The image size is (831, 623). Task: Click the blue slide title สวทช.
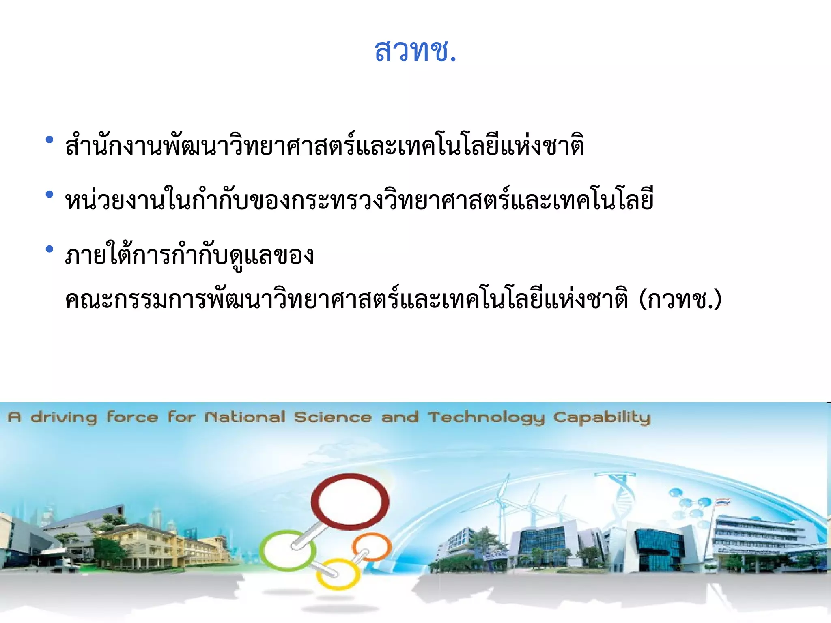pyautogui.click(x=415, y=51)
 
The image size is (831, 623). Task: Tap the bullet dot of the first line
pyautogui.click(x=50, y=140)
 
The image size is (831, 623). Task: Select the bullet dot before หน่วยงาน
pyautogui.click(x=50, y=195)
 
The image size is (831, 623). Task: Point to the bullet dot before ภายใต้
pyautogui.click(x=50, y=249)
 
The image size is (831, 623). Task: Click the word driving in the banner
pyautogui.click(x=64, y=417)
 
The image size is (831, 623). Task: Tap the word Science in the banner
pyautogui.click(x=333, y=417)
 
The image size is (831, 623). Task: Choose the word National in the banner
pyautogui.click(x=245, y=417)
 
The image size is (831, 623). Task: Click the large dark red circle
pyautogui.click(x=350, y=502)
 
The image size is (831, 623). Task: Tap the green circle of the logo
pyautogui.click(x=288, y=550)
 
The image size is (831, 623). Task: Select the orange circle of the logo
pyautogui.click(x=372, y=546)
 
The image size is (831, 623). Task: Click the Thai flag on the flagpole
pyautogui.click(x=723, y=502)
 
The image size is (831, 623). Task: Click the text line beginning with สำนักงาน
pyautogui.click(x=325, y=145)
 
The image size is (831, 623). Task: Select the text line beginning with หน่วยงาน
pyautogui.click(x=359, y=200)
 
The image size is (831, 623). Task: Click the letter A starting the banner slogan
pyautogui.click(x=15, y=417)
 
